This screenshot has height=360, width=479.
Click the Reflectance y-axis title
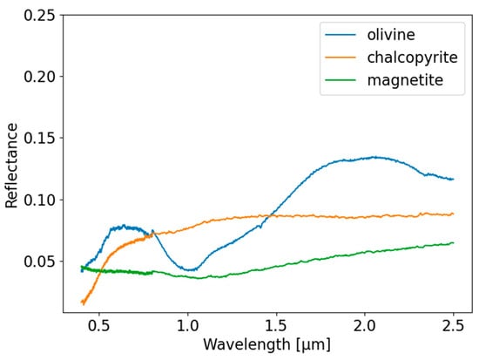12,165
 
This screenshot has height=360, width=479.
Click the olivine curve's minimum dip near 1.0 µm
192,269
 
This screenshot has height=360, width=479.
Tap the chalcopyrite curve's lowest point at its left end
83,303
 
